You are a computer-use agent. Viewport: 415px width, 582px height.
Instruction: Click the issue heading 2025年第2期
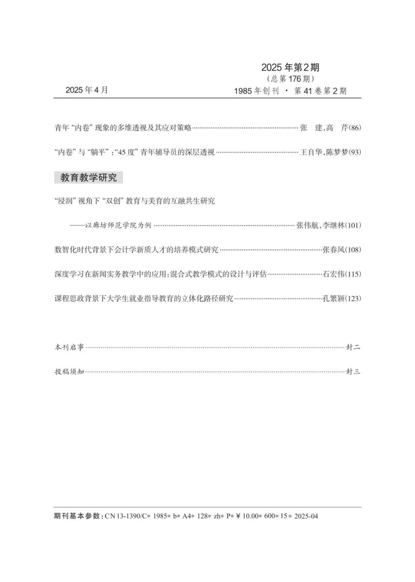pyautogui.click(x=290, y=68)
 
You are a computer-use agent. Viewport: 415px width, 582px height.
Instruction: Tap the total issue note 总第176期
pyautogui.click(x=290, y=79)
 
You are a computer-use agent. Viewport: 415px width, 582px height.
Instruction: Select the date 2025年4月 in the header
pyautogui.click(x=87, y=90)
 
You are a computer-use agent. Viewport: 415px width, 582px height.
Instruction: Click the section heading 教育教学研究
pyautogui.click(x=88, y=177)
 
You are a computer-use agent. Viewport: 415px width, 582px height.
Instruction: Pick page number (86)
pyautogui.click(x=355, y=128)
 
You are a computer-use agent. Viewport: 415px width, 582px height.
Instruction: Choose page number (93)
pyautogui.click(x=355, y=152)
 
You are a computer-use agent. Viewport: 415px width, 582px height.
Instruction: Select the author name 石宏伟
pyautogui.click(x=334, y=274)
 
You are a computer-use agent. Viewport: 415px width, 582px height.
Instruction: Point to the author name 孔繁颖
pyautogui.click(x=334, y=298)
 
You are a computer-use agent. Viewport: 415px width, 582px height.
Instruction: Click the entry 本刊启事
pyautogui.click(x=69, y=347)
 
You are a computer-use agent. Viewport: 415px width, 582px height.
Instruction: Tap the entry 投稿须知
pyautogui.click(x=69, y=371)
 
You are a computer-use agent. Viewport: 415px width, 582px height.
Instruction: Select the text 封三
pyautogui.click(x=353, y=371)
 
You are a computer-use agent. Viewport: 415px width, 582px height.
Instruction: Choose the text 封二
pyautogui.click(x=353, y=347)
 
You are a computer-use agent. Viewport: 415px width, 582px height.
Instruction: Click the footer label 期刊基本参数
pyautogui.click(x=77, y=516)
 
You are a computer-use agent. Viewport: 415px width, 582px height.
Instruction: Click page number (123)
pyautogui.click(x=353, y=298)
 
